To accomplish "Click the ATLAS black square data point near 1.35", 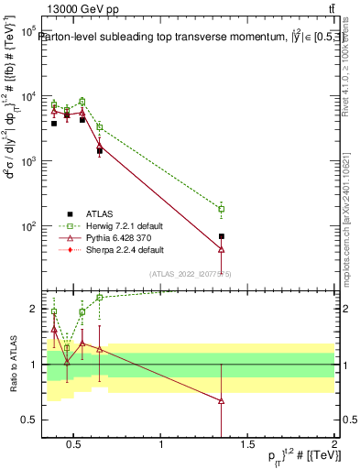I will [x=222, y=236].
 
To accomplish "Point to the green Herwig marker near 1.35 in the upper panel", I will [x=222, y=209].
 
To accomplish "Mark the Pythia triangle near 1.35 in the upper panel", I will [x=222, y=249].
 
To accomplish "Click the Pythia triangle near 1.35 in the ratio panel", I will [x=222, y=400].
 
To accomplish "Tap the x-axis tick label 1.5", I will [x=249, y=445].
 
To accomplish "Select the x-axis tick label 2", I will [x=335, y=445].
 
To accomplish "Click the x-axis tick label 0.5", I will [x=76, y=445].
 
